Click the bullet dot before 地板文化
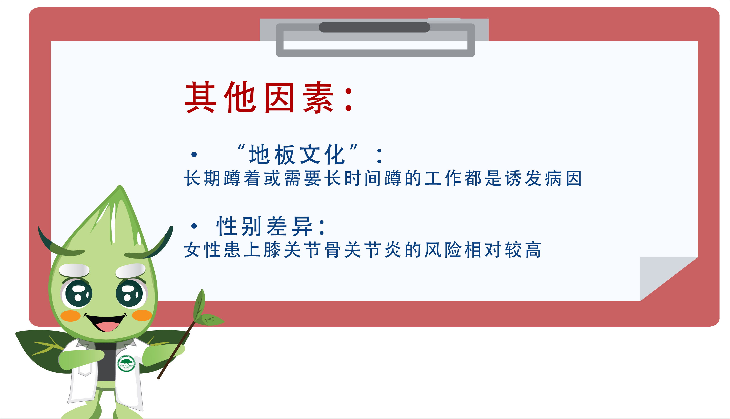tap(194, 155)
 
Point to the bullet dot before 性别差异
tap(194, 226)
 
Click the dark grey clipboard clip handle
tap(374, 27)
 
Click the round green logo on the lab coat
tap(126, 364)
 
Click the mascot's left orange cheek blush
tap(70, 316)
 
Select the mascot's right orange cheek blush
tap(142, 315)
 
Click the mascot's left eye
tap(78, 293)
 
